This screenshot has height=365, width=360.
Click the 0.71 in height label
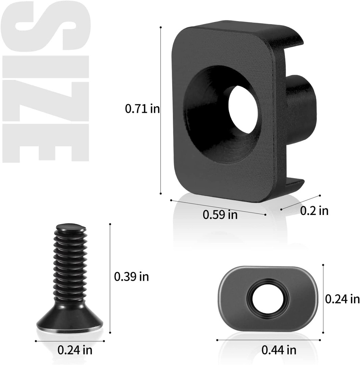tap(142, 108)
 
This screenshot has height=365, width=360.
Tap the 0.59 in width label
tap(220, 215)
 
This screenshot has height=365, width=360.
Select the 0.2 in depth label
tap(314, 211)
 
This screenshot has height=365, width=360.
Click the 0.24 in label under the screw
tap(75, 350)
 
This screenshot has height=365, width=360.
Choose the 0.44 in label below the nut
tap(279, 350)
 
